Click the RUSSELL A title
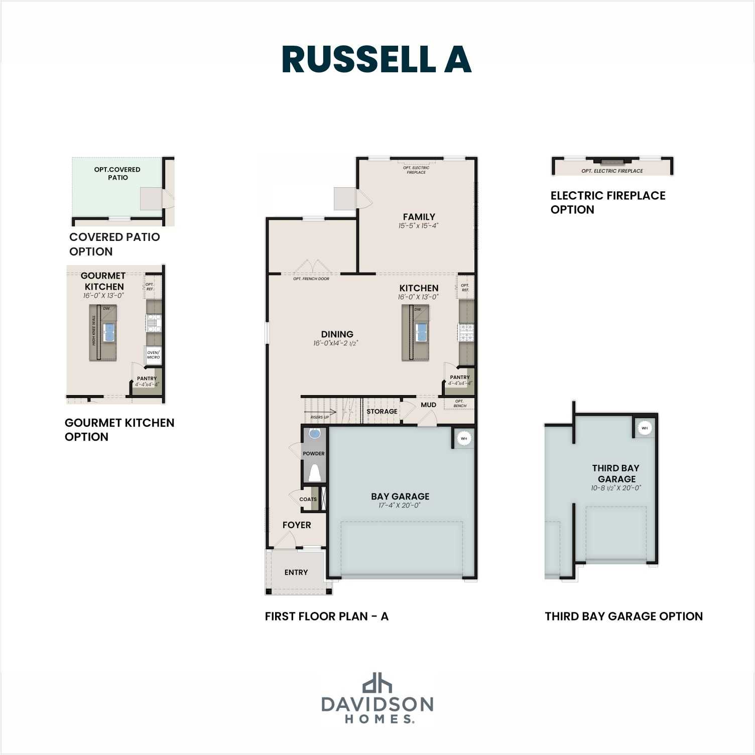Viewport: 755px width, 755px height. tap(376, 60)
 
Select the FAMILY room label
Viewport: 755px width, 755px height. tap(419, 217)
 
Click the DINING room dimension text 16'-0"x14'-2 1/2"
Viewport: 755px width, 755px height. tap(336, 343)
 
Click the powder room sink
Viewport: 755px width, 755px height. tap(314, 434)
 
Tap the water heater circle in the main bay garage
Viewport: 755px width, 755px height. tap(464, 438)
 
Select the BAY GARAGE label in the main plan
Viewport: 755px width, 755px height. tap(400, 496)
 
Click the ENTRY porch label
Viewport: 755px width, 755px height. tap(296, 572)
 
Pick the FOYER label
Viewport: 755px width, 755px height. tap(297, 525)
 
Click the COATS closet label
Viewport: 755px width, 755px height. tap(308, 499)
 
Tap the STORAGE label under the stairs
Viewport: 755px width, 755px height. tap(382, 411)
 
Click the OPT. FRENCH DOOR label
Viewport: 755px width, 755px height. tap(311, 279)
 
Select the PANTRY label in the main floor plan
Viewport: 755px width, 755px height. tap(460, 377)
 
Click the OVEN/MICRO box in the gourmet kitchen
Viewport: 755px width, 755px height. tap(153, 354)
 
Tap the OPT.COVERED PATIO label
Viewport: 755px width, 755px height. tap(117, 173)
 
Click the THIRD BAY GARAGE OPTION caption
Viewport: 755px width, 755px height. tap(623, 616)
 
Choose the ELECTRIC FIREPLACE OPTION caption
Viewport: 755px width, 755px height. tap(607, 202)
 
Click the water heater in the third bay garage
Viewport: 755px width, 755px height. tap(645, 428)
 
